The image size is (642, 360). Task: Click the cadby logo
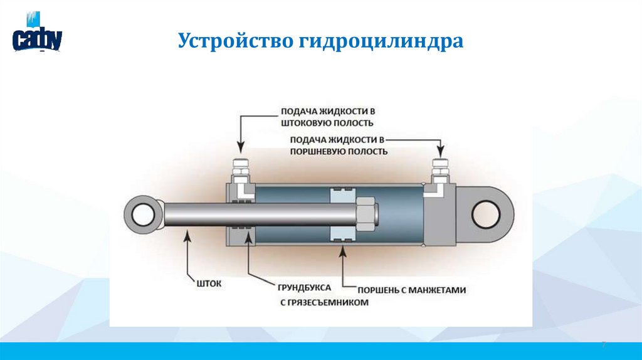[37, 33]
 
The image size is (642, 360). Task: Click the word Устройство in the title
[236, 41]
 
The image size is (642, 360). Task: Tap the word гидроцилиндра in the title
[381, 41]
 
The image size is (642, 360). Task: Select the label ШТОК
[209, 283]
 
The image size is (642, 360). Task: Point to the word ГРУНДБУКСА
[304, 287]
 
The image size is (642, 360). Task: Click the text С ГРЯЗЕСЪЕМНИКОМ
[324, 303]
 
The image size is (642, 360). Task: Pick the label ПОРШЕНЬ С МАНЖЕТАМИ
[412, 290]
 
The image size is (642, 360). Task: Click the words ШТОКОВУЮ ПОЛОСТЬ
[327, 123]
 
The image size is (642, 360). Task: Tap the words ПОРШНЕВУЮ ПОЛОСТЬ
[339, 152]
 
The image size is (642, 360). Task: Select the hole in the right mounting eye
[486, 214]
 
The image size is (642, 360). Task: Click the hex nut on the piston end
[366, 214]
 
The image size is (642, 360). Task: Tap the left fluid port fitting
[241, 171]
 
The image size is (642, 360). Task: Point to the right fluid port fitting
[441, 171]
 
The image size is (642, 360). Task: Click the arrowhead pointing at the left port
[241, 147]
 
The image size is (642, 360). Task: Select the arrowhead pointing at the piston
[343, 250]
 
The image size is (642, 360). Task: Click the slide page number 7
[603, 345]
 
